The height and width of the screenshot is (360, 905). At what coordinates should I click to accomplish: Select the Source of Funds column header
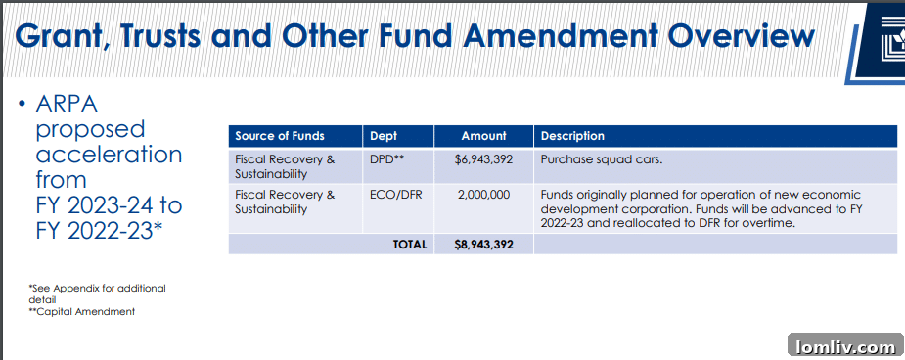tap(280, 136)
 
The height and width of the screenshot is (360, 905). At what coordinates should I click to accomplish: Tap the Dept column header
tap(384, 136)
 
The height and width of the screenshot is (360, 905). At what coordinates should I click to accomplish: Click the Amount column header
tap(484, 136)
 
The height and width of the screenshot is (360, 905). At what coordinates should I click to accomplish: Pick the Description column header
tap(572, 136)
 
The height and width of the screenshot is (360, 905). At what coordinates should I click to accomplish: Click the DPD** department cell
tap(387, 158)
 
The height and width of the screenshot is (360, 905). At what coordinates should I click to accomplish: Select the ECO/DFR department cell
tap(393, 195)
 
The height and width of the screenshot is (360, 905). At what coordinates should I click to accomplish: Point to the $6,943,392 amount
tap(483, 158)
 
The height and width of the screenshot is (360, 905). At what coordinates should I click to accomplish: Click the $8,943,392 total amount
tap(483, 245)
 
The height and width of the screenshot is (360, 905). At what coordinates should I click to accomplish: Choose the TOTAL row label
tap(410, 245)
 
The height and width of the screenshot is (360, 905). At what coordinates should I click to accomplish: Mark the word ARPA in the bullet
tap(67, 104)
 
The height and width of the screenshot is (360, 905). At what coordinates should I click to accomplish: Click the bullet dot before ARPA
tap(21, 105)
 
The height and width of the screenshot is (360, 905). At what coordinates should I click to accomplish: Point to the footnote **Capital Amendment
tap(82, 312)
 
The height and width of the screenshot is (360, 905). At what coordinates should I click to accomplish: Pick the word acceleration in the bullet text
tap(109, 155)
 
